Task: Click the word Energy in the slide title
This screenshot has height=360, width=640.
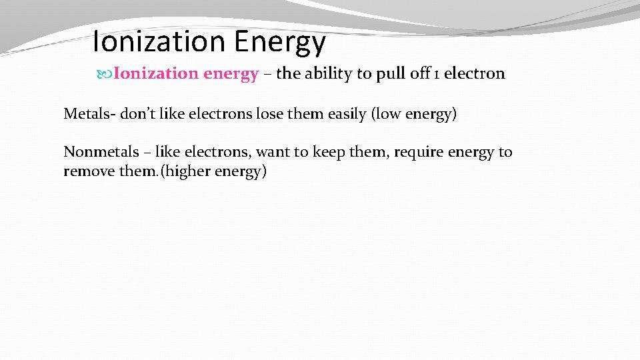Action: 280,42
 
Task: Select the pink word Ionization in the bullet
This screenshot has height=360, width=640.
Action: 156,74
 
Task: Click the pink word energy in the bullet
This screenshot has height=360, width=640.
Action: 231,74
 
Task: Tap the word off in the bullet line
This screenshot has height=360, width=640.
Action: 419,74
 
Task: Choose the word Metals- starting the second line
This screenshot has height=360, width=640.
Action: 89,114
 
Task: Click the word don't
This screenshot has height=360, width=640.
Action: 137,114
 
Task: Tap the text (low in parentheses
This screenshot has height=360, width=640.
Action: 386,114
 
